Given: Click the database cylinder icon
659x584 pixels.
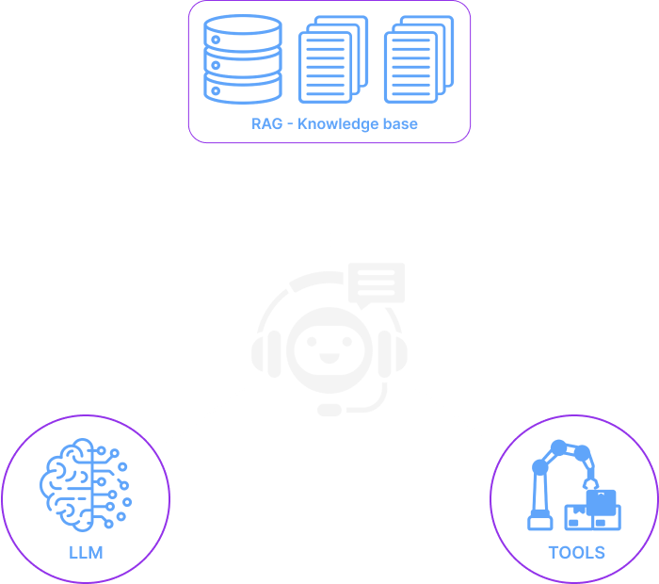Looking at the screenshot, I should click(x=242, y=57).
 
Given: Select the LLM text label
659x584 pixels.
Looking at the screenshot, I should click(x=85, y=550).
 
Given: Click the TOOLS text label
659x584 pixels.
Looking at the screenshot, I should click(x=576, y=550).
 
